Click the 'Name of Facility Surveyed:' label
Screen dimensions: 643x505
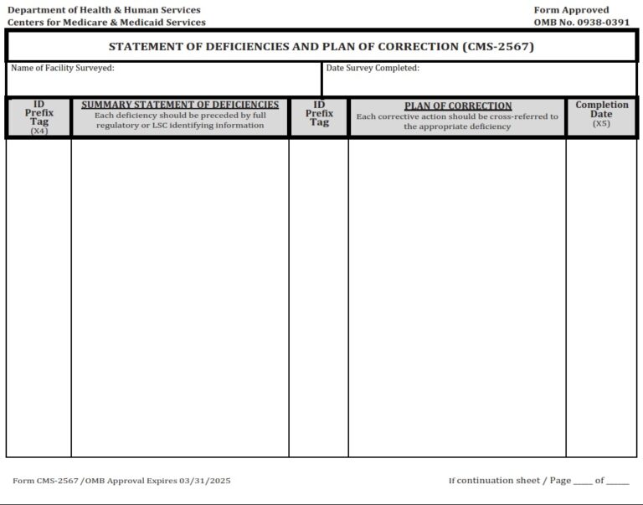pos(63,68)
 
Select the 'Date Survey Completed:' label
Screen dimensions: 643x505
pos(373,68)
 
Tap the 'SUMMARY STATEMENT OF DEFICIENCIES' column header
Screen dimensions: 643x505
pos(180,105)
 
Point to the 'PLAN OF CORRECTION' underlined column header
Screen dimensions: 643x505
pos(457,106)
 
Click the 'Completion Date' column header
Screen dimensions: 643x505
pos(601,110)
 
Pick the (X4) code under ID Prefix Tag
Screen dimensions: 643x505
pos(39,131)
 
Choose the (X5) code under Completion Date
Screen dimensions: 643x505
pos(601,124)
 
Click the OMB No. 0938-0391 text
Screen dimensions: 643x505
pos(581,23)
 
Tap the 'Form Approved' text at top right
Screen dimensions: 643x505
pos(571,10)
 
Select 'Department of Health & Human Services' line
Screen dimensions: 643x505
pos(104,10)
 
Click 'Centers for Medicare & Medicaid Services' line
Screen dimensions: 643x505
pos(106,23)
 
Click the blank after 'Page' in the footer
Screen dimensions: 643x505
pos(583,482)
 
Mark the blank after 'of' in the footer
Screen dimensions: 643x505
pos(618,482)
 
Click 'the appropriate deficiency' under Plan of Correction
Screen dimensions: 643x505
pos(457,127)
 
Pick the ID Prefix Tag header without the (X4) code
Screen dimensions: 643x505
pos(319,113)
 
